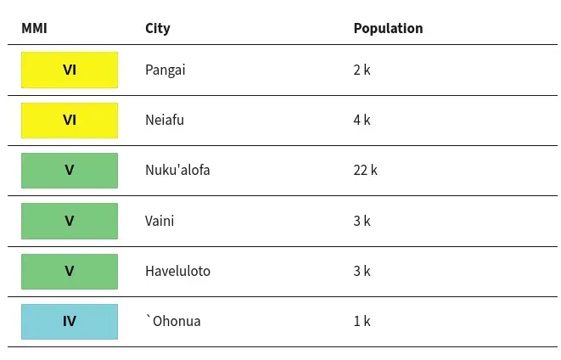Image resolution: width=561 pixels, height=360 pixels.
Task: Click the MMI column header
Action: [x=34, y=28]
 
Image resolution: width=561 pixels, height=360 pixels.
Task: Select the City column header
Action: [x=158, y=29]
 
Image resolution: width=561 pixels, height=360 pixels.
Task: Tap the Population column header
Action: [x=388, y=28]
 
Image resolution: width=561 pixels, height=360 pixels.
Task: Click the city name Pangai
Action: [x=165, y=70]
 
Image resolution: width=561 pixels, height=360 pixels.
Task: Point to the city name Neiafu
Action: [x=165, y=120]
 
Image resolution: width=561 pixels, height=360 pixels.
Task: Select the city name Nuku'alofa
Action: [x=177, y=170]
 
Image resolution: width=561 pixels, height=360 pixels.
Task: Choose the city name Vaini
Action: [x=160, y=221]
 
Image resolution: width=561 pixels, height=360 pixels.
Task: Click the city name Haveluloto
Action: [x=178, y=271]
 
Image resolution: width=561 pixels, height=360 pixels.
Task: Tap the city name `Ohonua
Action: [x=173, y=321]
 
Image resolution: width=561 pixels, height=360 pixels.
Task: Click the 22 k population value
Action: [x=365, y=170]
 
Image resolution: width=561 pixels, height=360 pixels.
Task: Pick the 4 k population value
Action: [x=362, y=120]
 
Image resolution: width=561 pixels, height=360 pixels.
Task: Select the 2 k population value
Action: [x=362, y=70]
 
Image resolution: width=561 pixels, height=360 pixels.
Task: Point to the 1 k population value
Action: [x=362, y=321]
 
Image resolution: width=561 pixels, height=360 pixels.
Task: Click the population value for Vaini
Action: [x=362, y=221]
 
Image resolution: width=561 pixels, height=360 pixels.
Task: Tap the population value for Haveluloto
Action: [x=362, y=271]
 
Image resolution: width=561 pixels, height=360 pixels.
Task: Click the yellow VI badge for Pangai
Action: [x=70, y=70]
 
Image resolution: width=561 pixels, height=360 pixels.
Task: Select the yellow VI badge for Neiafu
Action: [x=70, y=121]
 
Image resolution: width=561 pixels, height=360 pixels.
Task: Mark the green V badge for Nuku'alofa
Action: [x=70, y=171]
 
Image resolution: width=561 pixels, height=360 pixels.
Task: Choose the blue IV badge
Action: [x=70, y=321]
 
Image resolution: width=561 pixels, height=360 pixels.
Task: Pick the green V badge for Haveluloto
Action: [x=70, y=271]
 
